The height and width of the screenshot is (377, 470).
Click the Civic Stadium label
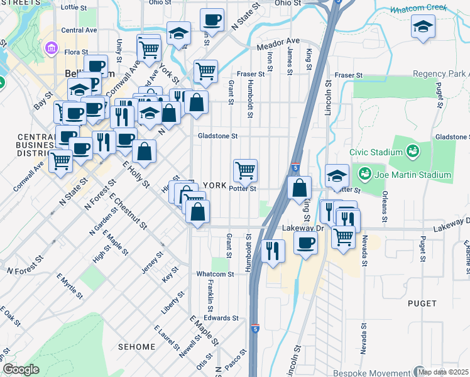pyautogui.click(x=376, y=152)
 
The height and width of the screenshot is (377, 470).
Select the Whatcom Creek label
pyautogui.click(x=418, y=9)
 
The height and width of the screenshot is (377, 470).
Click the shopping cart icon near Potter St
pyautogui.click(x=245, y=170)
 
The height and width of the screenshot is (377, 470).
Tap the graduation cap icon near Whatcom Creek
pyautogui.click(x=424, y=26)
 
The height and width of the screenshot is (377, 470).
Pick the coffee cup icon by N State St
pyautogui.click(x=212, y=19)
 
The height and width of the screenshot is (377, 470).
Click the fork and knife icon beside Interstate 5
pyautogui.click(x=272, y=250)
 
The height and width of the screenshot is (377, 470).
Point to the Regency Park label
pyautogui.click(x=440, y=74)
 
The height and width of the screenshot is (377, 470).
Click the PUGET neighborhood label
pyautogui.click(x=422, y=303)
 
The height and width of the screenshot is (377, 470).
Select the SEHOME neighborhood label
pyautogui.click(x=136, y=347)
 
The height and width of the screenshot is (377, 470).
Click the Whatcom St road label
pyautogui.click(x=215, y=274)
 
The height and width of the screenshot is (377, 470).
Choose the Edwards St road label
pyautogui.click(x=225, y=318)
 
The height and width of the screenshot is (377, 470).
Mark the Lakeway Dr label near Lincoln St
pyautogui.click(x=302, y=228)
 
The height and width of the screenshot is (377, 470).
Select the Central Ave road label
pyautogui.click(x=79, y=30)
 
